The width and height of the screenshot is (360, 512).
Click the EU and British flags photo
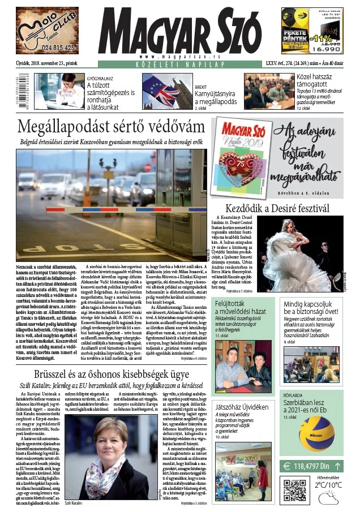tap(160, 91)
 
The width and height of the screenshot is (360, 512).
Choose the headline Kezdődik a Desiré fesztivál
tap(277, 208)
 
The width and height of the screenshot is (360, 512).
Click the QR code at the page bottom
tap(294, 490)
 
